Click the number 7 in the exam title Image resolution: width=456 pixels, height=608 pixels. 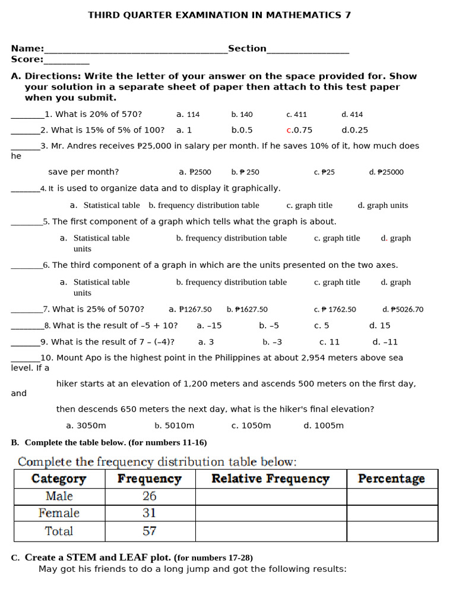(x=347, y=15)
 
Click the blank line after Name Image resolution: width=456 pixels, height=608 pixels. (x=136, y=50)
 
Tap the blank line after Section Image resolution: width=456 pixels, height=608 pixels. (x=308, y=50)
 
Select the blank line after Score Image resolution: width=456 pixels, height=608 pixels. (x=66, y=61)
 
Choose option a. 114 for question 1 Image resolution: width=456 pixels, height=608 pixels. (x=188, y=115)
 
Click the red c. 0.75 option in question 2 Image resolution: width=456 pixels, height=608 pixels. (x=299, y=130)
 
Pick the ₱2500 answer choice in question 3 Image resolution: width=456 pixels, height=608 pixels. (x=195, y=172)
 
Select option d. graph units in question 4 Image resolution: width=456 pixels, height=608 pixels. (x=382, y=205)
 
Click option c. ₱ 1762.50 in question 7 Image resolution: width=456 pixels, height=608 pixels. (x=335, y=309)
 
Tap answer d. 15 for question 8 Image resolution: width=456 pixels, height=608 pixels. (x=379, y=325)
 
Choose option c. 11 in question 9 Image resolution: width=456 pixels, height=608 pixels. (x=330, y=342)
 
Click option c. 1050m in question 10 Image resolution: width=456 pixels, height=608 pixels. (x=251, y=426)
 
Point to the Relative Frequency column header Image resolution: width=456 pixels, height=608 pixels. (x=270, y=479)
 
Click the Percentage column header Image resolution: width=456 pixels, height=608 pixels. (x=391, y=479)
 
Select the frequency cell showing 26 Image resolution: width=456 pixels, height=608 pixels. (x=150, y=496)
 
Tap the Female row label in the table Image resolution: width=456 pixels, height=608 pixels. (x=59, y=513)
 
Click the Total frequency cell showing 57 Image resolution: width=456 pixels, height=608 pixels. (x=150, y=531)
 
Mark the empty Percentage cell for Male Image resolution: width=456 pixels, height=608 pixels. (x=392, y=496)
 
